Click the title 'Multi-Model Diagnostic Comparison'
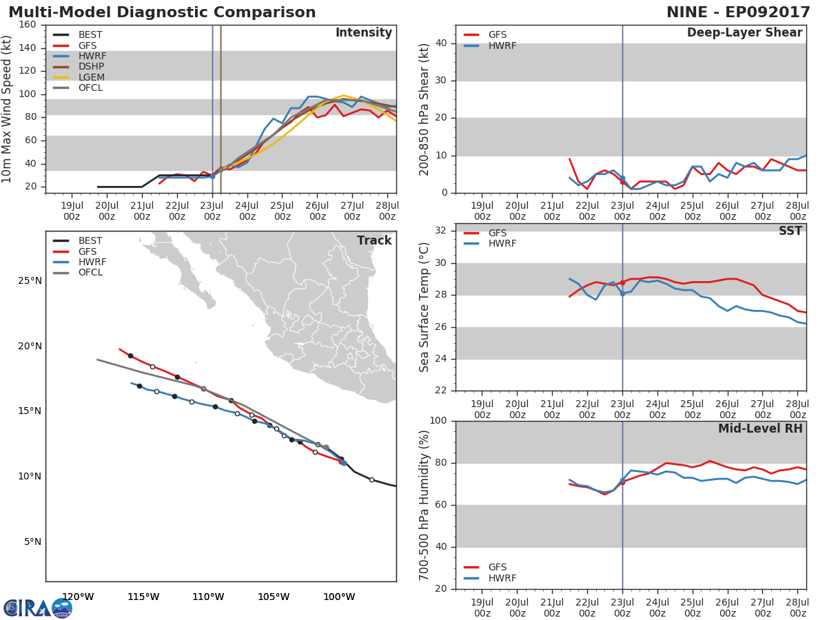pyautogui.click(x=162, y=12)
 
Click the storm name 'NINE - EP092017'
pyautogui.click(x=739, y=12)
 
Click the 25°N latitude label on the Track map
pyautogui.click(x=30, y=281)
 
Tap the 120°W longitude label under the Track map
pyautogui.click(x=78, y=597)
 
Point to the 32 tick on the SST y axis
pyautogui.click(x=441, y=230)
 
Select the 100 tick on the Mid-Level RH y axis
pyautogui.click(x=438, y=421)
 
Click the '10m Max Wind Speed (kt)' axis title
pyautogui.click(x=6, y=109)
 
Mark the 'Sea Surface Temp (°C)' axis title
pyautogui.click(x=424, y=307)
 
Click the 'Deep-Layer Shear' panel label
pyautogui.click(x=745, y=33)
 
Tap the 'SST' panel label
pyautogui.click(x=790, y=231)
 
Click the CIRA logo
pyautogui.click(x=38, y=608)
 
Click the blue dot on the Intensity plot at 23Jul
pyautogui.click(x=212, y=176)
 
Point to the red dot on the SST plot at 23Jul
pyautogui.click(x=622, y=282)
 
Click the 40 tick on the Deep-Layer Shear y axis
pyautogui.click(x=441, y=43)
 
